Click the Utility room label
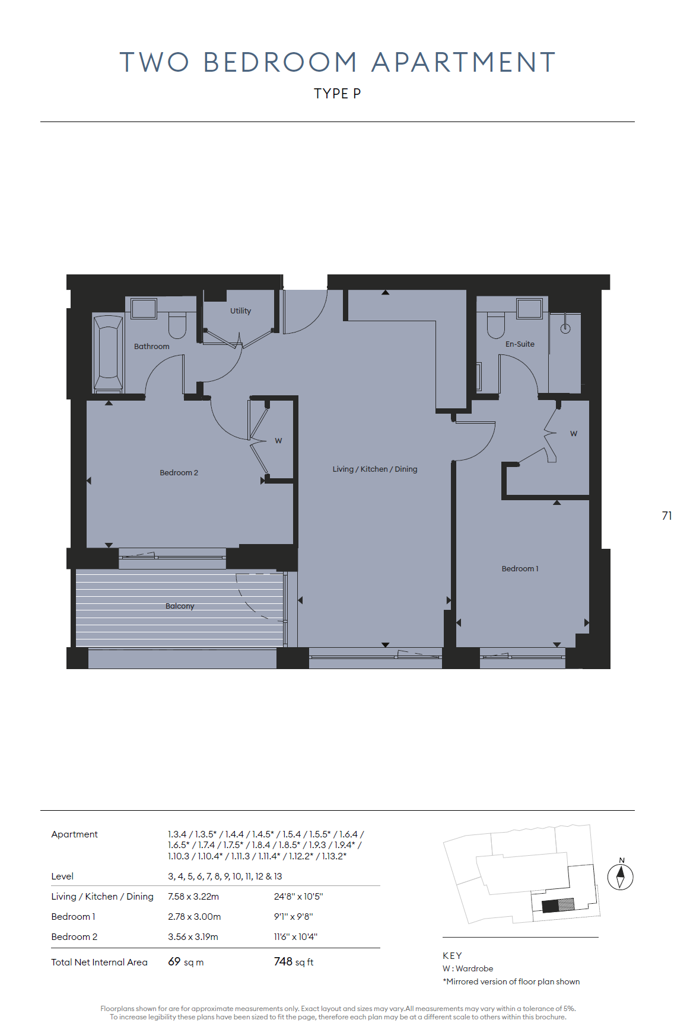tap(240, 311)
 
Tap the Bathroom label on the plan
tap(151, 346)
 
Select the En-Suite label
tap(520, 344)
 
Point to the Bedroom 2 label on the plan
tap(179, 472)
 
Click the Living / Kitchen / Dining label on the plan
tap(375, 469)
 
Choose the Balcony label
tap(180, 606)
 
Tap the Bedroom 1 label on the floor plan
tap(520, 568)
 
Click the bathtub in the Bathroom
tap(108, 354)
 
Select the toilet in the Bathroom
tap(177, 325)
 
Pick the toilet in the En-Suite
tap(495, 325)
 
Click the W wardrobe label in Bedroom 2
tap(278, 441)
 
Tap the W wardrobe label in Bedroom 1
tap(574, 434)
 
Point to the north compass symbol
tap(621, 876)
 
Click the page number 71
tap(667, 516)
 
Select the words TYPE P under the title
tap(337, 94)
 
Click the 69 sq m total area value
tap(186, 961)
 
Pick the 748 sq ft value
tap(294, 961)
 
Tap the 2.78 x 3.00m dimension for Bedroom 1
tap(194, 916)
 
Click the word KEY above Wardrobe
tap(452, 955)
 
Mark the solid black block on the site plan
tap(550, 906)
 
